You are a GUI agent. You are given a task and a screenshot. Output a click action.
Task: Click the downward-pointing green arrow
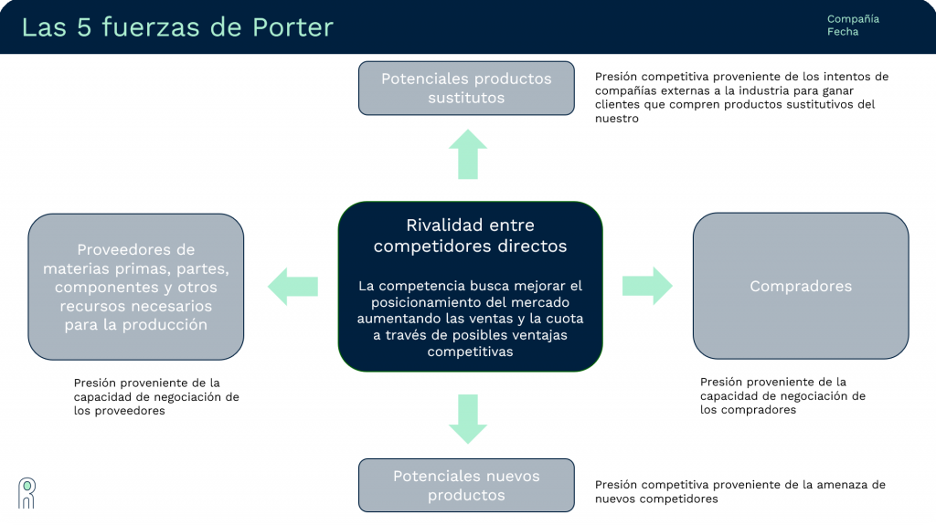(x=467, y=418)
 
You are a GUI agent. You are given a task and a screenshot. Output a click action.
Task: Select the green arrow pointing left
(x=292, y=286)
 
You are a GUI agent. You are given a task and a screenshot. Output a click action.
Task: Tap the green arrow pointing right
(x=647, y=286)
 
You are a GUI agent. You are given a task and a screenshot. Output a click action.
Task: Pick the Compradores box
(x=800, y=286)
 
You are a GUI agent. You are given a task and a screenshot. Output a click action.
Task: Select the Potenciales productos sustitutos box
(x=466, y=88)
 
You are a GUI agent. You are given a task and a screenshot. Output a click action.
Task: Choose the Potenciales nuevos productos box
(x=466, y=485)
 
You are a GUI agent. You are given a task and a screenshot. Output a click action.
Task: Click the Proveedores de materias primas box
(x=136, y=287)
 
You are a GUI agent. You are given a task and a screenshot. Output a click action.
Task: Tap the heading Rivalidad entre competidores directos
(x=470, y=236)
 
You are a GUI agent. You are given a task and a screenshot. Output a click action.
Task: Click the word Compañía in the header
(x=853, y=19)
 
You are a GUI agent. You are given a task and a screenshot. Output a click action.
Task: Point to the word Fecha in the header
(x=843, y=32)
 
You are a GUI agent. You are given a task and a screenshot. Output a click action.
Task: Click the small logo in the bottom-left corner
(x=27, y=492)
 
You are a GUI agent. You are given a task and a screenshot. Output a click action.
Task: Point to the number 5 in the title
(x=84, y=27)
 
